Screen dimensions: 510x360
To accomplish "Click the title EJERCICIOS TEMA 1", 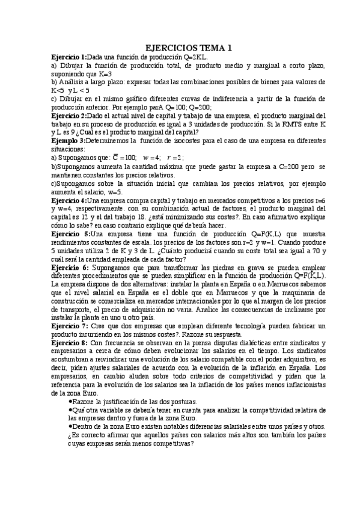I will (x=189, y=48).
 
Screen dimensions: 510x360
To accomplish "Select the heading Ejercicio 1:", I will (x=69, y=57).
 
